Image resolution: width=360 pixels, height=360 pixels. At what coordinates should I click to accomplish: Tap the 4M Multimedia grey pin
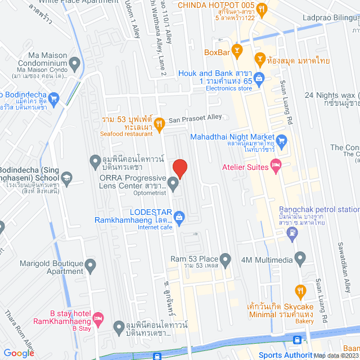coord(300,259)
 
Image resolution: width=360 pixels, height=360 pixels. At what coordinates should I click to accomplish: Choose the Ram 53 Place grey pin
coord(226,259)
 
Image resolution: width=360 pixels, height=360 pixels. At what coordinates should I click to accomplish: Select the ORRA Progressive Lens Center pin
coord(174,185)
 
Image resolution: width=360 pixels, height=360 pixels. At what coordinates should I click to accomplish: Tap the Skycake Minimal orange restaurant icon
coord(300,291)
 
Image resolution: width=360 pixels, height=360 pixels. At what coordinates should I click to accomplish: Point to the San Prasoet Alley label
coord(195,119)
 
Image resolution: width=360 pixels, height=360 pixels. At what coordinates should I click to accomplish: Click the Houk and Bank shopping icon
coord(259,78)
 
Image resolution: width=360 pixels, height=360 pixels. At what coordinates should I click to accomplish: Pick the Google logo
coord(19,353)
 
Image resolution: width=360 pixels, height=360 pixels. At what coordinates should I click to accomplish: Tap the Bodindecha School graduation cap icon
coord(66,178)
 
